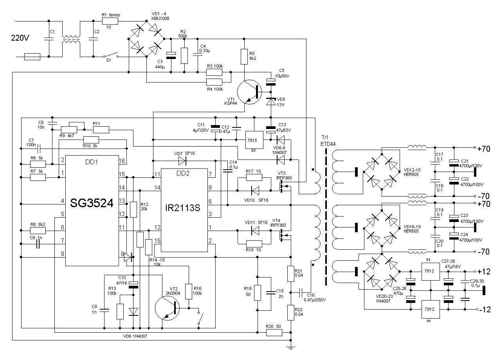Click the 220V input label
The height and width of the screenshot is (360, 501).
point(20,38)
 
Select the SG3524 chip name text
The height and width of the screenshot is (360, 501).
point(92,203)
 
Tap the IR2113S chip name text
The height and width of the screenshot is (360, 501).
point(182,208)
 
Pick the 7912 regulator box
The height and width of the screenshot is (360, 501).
point(430,309)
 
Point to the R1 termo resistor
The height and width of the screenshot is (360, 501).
point(110,22)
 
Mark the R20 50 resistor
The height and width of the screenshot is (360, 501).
point(274,333)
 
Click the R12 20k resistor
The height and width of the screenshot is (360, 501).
point(133,210)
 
